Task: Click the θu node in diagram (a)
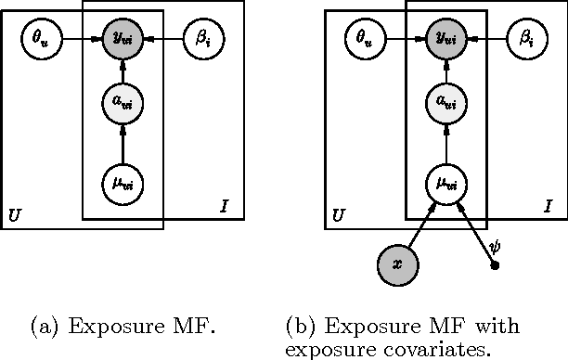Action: pos(40,39)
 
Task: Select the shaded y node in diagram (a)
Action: pos(123,39)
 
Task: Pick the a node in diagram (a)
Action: pos(123,103)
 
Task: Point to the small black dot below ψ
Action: pos(494,266)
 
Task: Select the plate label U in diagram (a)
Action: pos(14,216)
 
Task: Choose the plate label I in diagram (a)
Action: pos(224,204)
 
